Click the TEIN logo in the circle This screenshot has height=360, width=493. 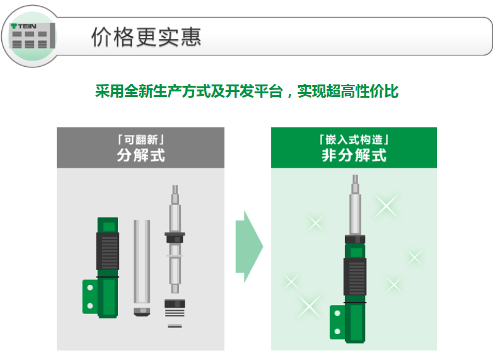pos(23,26)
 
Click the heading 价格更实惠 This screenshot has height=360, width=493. pos(146,37)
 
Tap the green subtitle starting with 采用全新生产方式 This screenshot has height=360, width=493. pos(246,91)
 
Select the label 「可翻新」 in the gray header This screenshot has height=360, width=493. pos(141,139)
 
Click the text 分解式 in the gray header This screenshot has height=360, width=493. pos(141,155)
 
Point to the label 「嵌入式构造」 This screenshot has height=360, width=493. pos(354,139)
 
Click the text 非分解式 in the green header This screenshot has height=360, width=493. pos(354,155)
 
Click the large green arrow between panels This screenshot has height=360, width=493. pos(249,247)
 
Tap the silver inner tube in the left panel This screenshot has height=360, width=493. pos(142,262)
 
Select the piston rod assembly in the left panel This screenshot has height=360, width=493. pos(175,239)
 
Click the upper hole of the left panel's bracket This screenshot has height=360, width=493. pos(90,287)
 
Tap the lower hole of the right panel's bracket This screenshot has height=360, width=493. pos(337,331)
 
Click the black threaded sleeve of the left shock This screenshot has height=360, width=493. pos(108,251)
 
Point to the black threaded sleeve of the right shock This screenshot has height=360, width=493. pos(355,276)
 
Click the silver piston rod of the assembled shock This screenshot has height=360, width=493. pos(355,205)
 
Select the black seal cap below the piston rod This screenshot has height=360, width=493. pos(175,304)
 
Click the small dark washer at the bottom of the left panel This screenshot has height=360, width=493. pos(175,326)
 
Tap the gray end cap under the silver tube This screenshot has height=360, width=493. pos(142,312)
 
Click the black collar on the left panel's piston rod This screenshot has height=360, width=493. pos(175,238)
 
